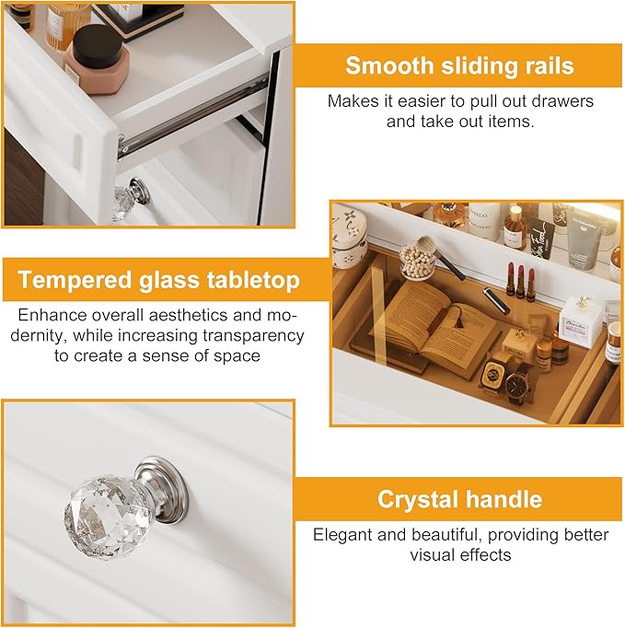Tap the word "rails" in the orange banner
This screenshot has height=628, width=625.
546,66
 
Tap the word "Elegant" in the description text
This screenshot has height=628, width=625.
344,534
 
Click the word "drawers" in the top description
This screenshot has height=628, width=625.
561,101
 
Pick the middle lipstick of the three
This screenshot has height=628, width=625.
520,278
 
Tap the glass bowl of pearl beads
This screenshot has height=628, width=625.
417,262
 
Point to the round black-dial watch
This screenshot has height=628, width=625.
518,383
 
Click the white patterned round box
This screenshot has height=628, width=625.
350,236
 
